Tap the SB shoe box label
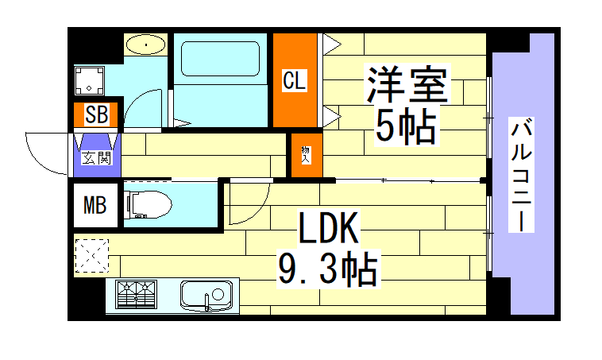click(x=96, y=115)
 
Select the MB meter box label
click(x=95, y=207)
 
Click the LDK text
click(x=329, y=230)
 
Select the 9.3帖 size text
click(x=326, y=269)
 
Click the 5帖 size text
click(x=405, y=124)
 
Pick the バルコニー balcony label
click(x=521, y=175)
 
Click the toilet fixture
click(x=149, y=204)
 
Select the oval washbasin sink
click(x=146, y=44)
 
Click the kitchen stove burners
click(x=137, y=296)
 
